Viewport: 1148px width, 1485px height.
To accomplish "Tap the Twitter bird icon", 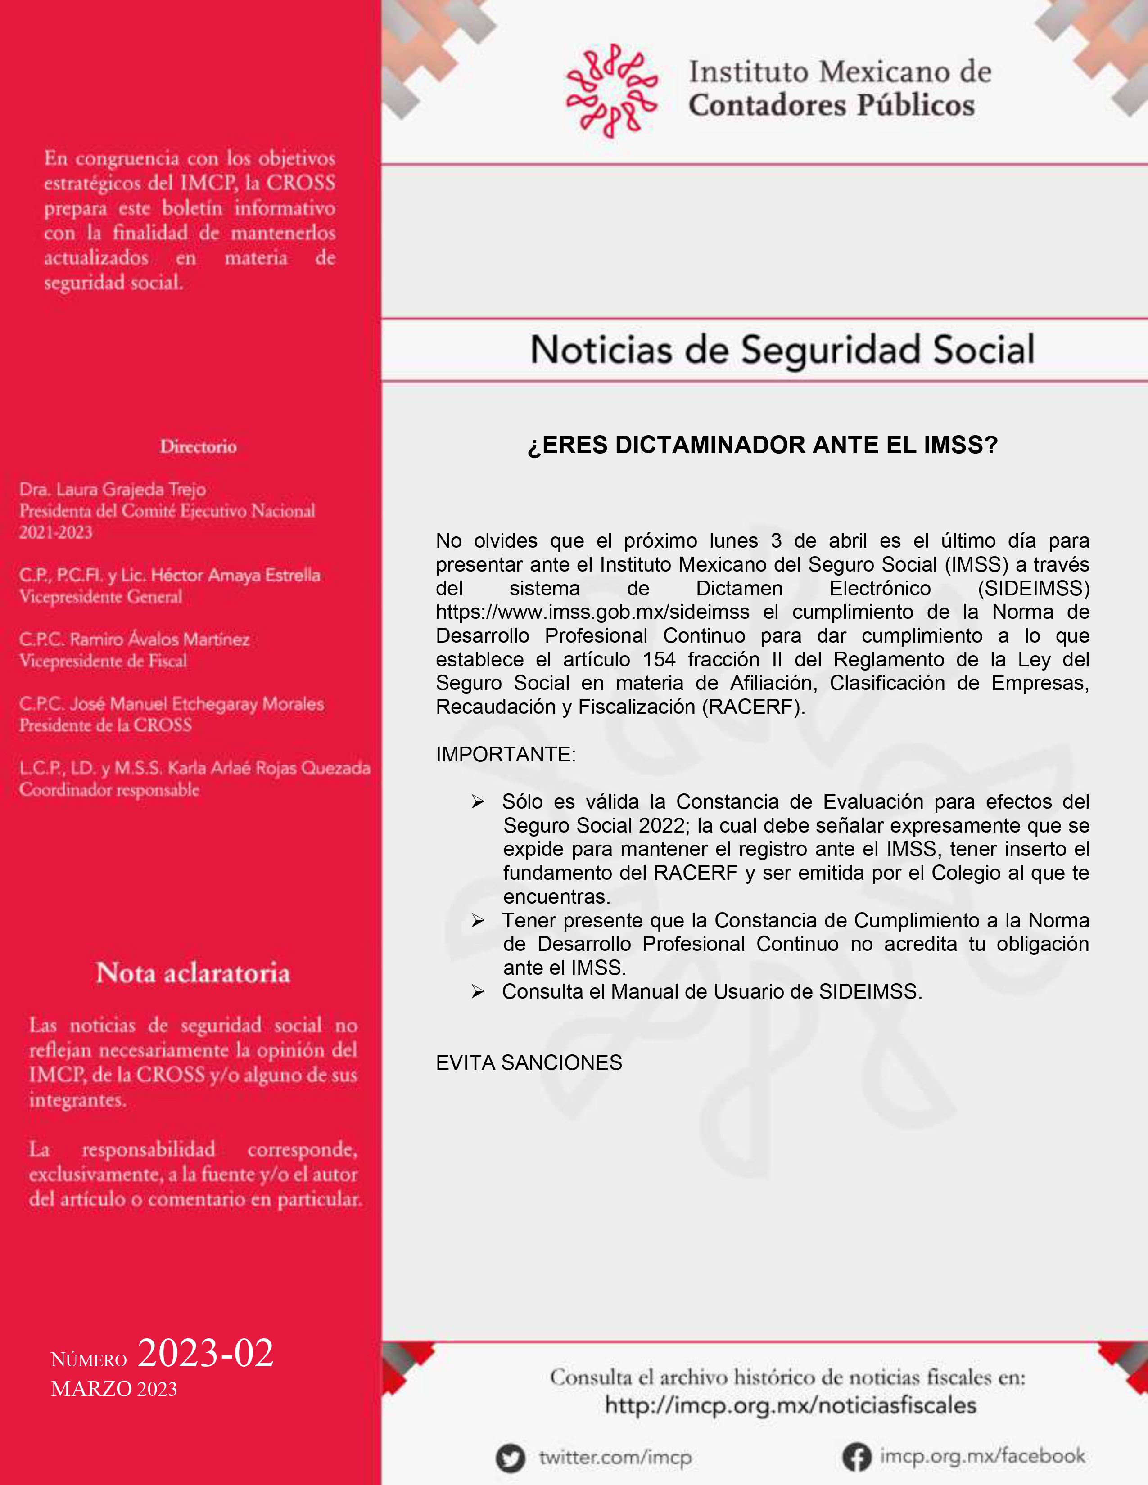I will [x=510, y=1458].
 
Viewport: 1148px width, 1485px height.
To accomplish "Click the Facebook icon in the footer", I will [x=857, y=1457].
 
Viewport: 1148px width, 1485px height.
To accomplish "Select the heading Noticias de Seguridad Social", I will [x=782, y=350].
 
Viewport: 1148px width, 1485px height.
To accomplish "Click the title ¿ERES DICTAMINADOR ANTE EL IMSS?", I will [x=762, y=445].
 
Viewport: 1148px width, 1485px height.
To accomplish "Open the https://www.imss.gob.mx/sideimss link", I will [x=592, y=612].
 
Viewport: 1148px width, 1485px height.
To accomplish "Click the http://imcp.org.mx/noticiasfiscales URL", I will [x=790, y=1405].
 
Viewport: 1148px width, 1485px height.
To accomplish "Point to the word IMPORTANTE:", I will [x=505, y=754].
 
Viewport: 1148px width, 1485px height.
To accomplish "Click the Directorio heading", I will [x=199, y=447].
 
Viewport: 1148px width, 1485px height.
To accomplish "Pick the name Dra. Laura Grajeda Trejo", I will [x=112, y=490].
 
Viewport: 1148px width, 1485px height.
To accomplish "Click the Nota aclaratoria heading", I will [x=193, y=973].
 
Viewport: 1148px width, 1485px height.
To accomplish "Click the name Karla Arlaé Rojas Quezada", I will [x=269, y=768].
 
